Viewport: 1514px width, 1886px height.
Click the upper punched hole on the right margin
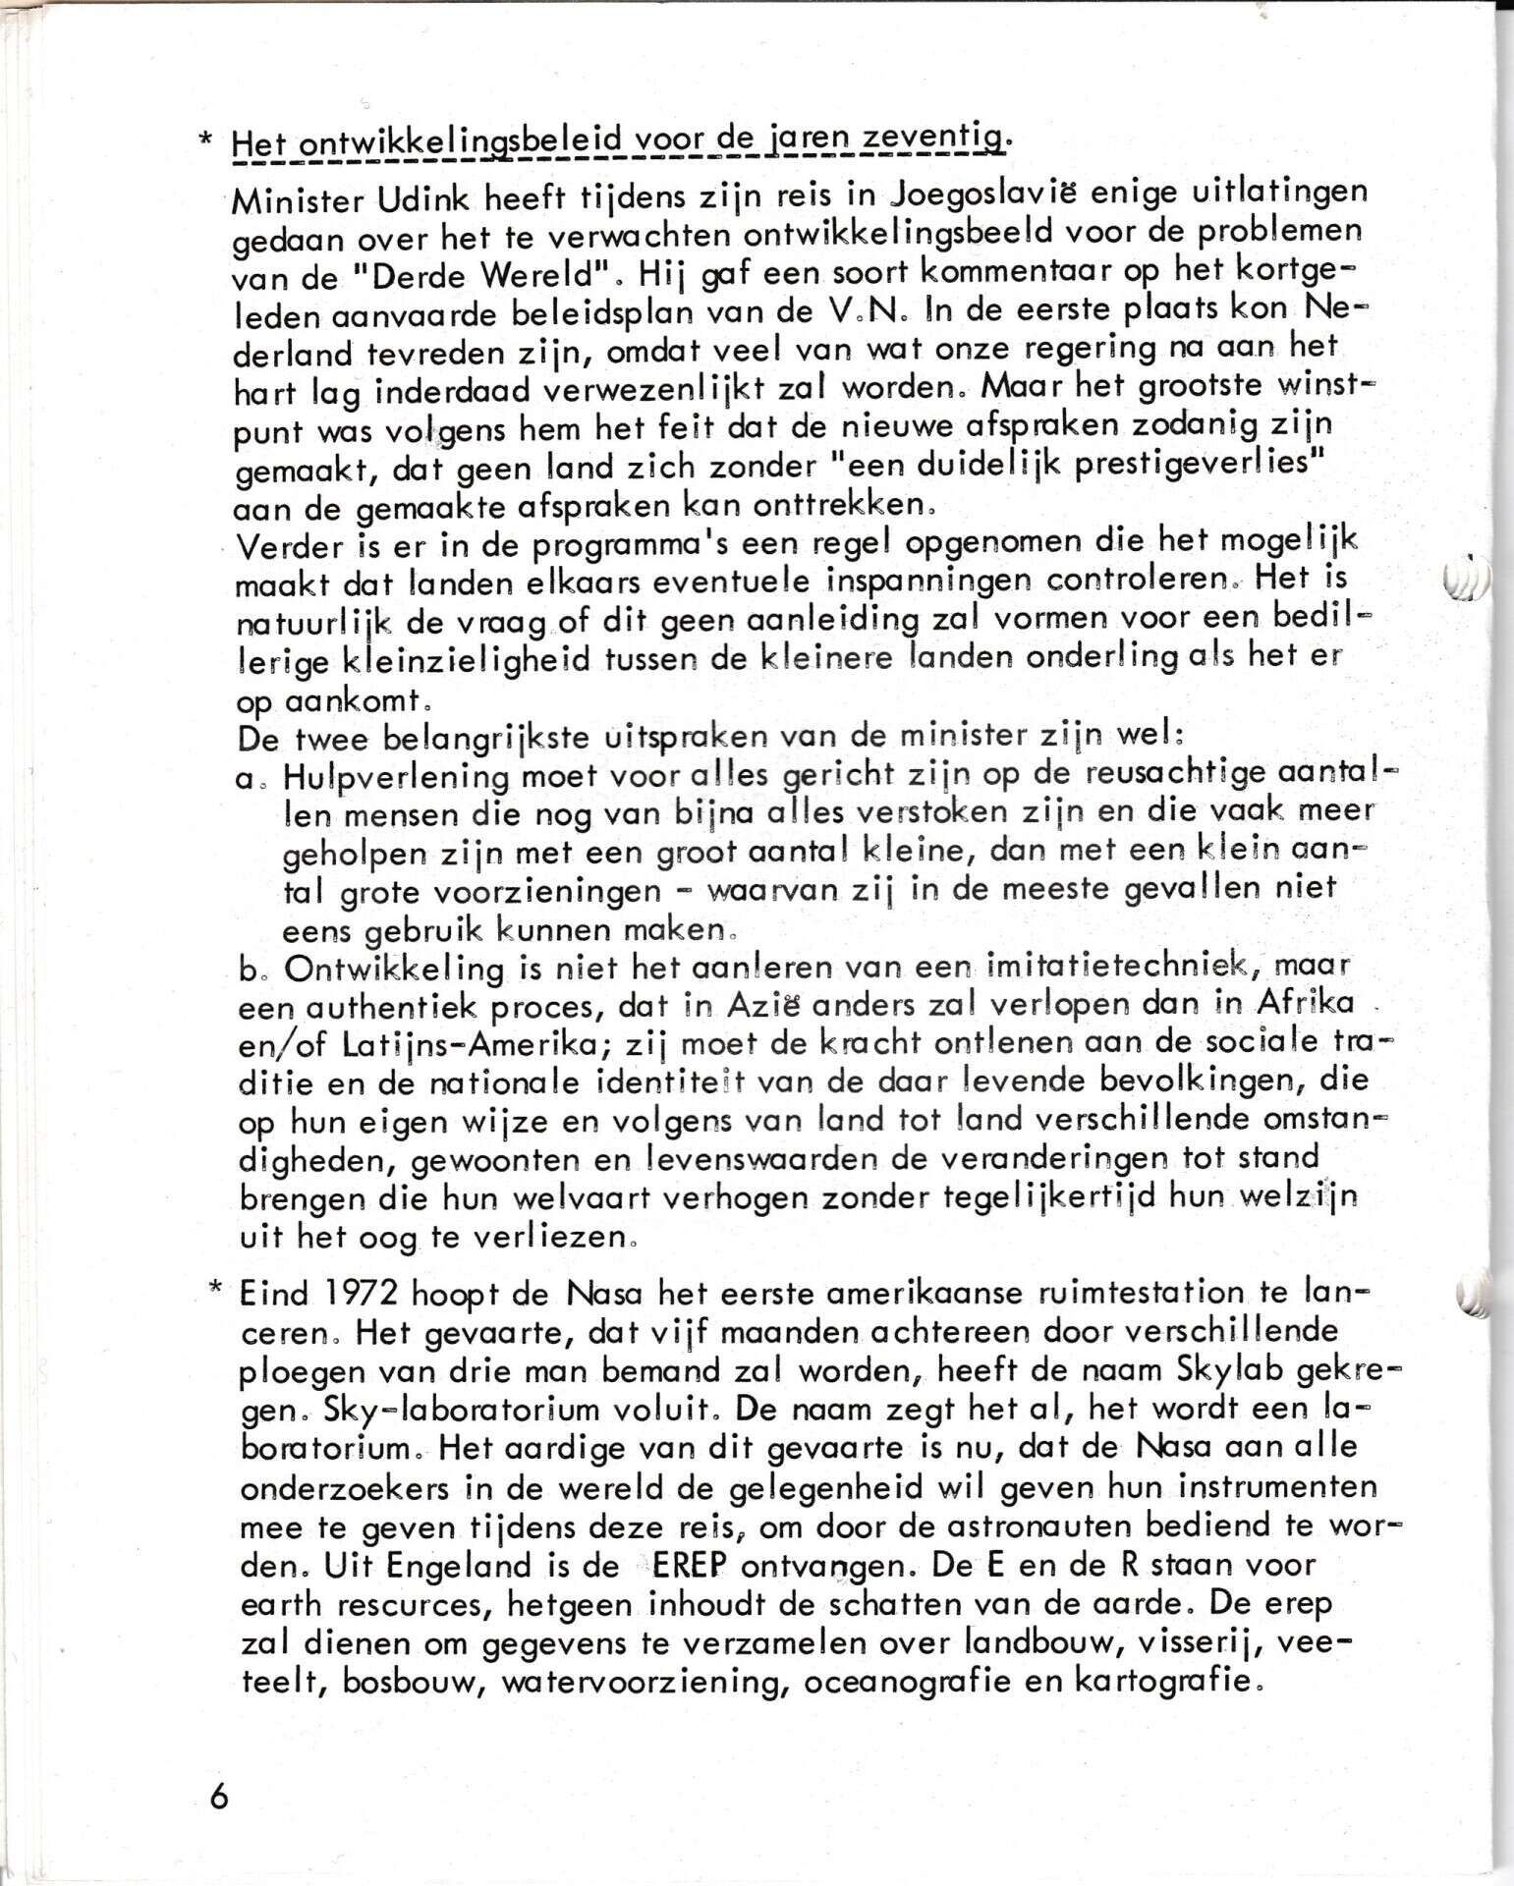(1467, 581)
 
